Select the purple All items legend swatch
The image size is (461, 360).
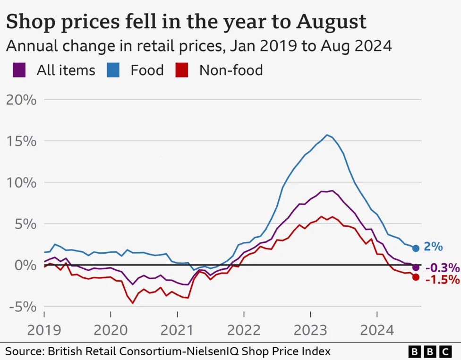click(19, 70)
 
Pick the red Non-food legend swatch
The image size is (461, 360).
click(181, 70)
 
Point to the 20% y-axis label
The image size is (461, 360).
click(20, 100)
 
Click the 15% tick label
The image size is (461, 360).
click(20, 141)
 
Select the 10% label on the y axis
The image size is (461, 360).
click(20, 182)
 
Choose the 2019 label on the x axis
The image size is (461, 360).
click(44, 329)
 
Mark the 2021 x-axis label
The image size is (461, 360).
click(177, 329)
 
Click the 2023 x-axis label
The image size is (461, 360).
click(310, 329)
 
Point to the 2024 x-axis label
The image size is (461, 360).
click(377, 329)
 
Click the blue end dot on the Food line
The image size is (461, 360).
click(416, 248)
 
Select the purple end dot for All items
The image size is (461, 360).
click(416, 267)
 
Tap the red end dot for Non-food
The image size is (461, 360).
click(416, 277)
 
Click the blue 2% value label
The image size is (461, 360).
click(434, 247)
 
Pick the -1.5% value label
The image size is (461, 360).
click(443, 280)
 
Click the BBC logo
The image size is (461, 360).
click(430, 351)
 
